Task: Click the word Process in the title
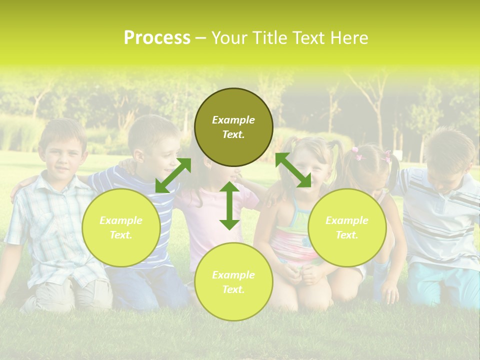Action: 157,38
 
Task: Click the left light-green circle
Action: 121,227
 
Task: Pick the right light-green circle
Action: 346,227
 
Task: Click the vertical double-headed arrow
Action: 229,205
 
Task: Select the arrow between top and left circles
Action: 173,175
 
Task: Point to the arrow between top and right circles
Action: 293,170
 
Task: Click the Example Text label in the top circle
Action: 233,127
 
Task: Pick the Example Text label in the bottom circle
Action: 233,282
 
